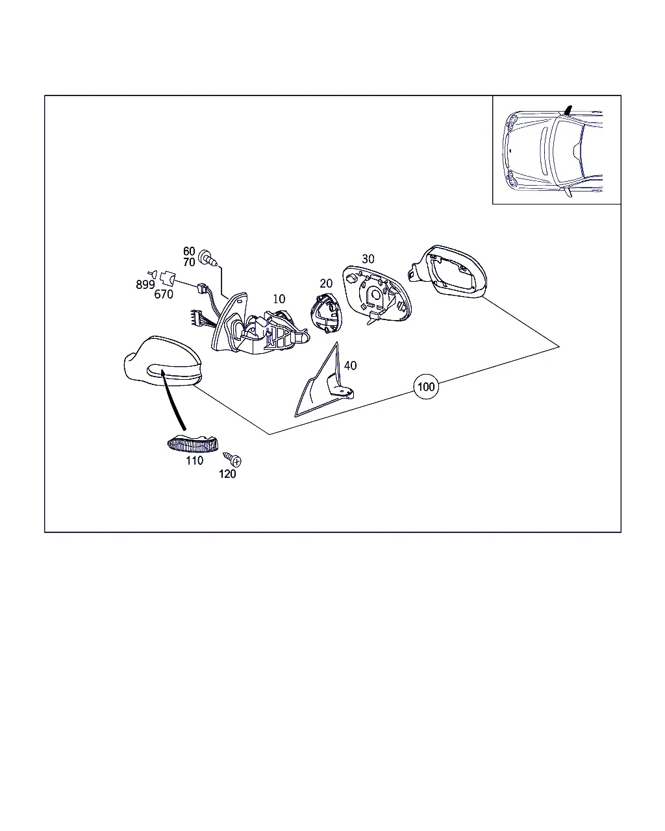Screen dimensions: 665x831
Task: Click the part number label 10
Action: click(279, 299)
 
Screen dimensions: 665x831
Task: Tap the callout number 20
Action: click(326, 284)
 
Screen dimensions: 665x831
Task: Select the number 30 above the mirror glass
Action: click(368, 259)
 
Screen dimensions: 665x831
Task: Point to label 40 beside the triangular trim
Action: click(350, 366)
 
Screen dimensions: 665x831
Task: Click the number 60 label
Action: click(189, 251)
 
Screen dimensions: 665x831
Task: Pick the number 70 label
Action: click(189, 262)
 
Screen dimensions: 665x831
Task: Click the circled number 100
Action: click(426, 386)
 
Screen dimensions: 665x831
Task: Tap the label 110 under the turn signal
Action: click(194, 461)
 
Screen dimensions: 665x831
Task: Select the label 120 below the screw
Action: click(227, 474)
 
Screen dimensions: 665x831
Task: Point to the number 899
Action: click(145, 284)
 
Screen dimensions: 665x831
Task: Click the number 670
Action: click(164, 295)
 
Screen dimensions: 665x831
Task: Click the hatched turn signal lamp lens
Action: click(192, 443)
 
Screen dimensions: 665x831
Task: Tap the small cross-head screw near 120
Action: click(232, 459)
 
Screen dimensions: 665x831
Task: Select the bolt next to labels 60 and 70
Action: click(208, 257)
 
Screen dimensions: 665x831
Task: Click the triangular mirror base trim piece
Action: click(324, 382)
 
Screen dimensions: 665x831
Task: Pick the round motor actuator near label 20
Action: click(326, 313)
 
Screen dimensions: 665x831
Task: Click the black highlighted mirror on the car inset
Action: click(568, 110)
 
